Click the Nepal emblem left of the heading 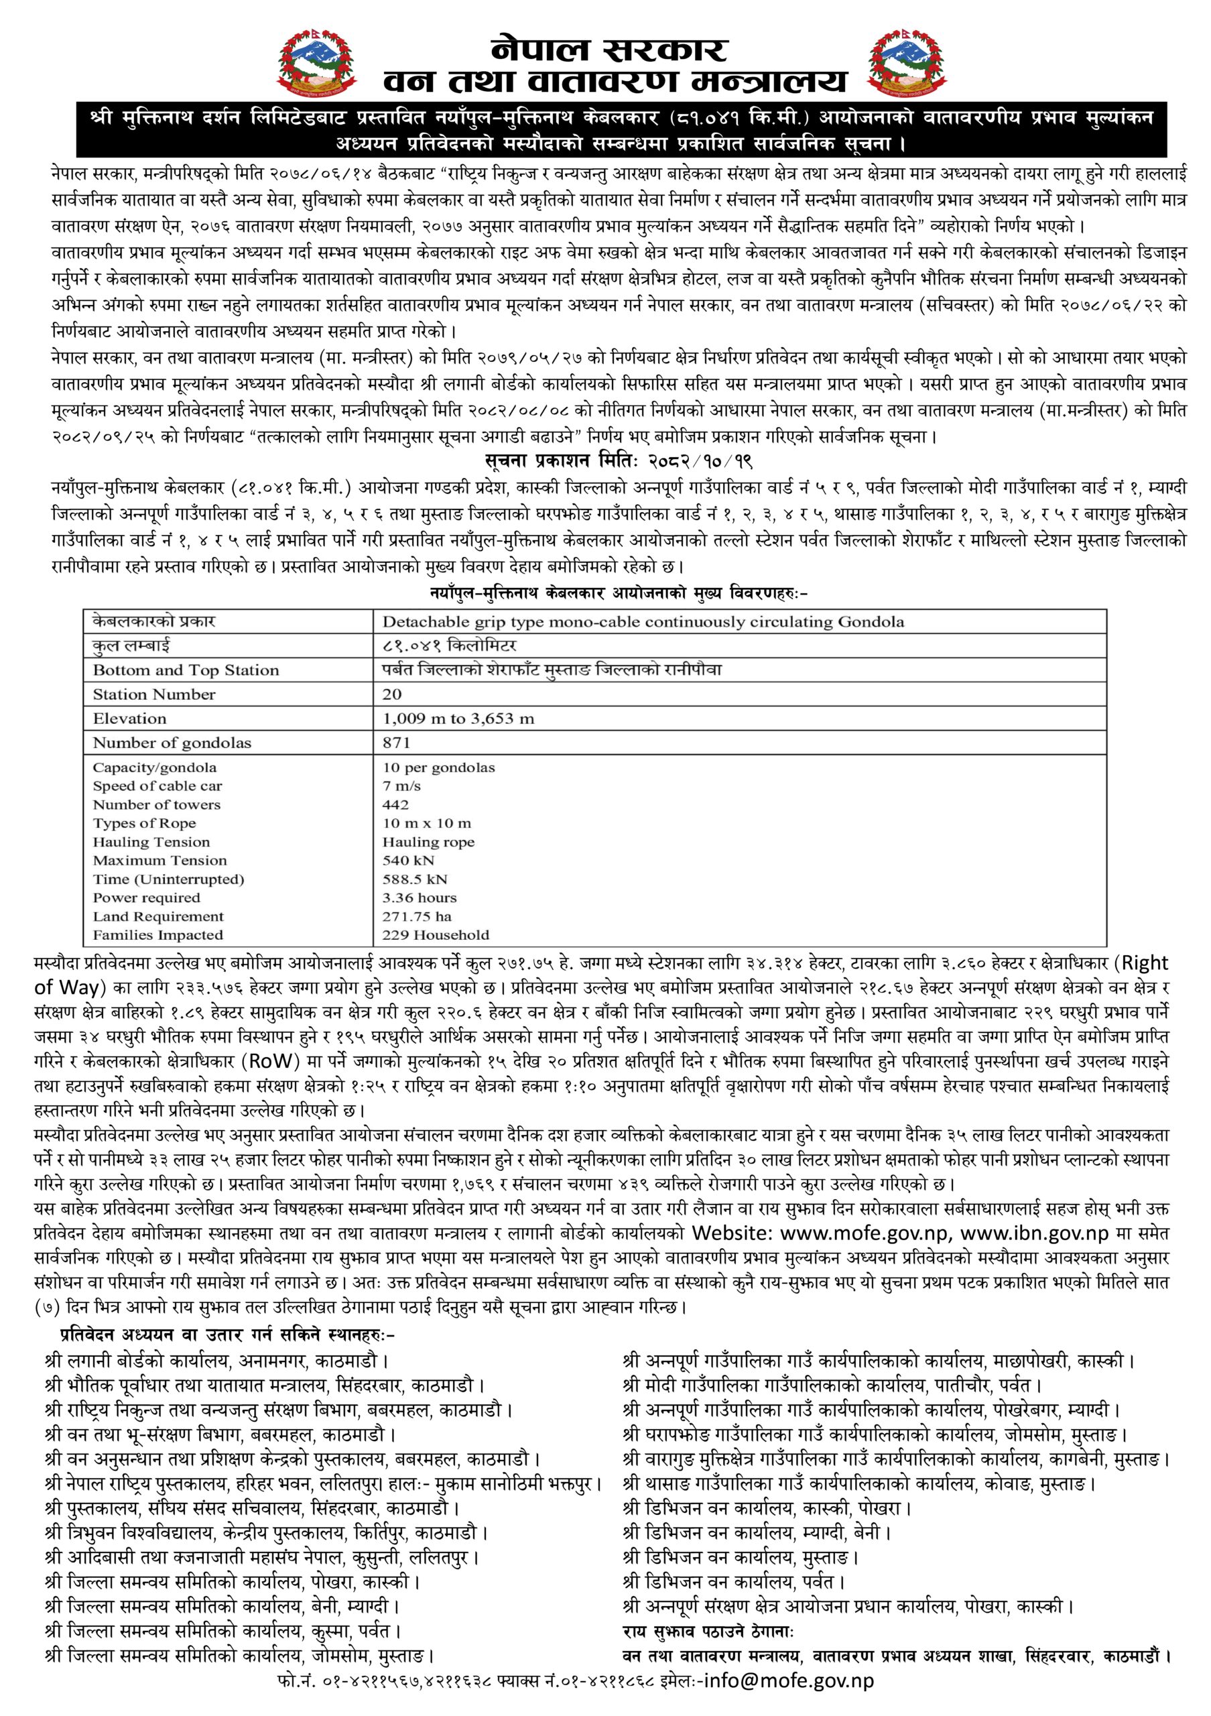tap(318, 66)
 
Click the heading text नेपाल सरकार tap(609, 50)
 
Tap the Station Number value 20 tap(392, 694)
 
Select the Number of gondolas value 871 tap(397, 743)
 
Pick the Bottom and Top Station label tap(185, 670)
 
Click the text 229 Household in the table tap(436, 935)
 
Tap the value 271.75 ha tap(417, 916)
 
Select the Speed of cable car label tap(157, 786)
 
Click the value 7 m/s tap(402, 786)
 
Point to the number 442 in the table tap(395, 805)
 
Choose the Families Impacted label tap(157, 935)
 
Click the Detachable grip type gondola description tap(643, 622)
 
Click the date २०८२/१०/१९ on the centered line tap(704, 460)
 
